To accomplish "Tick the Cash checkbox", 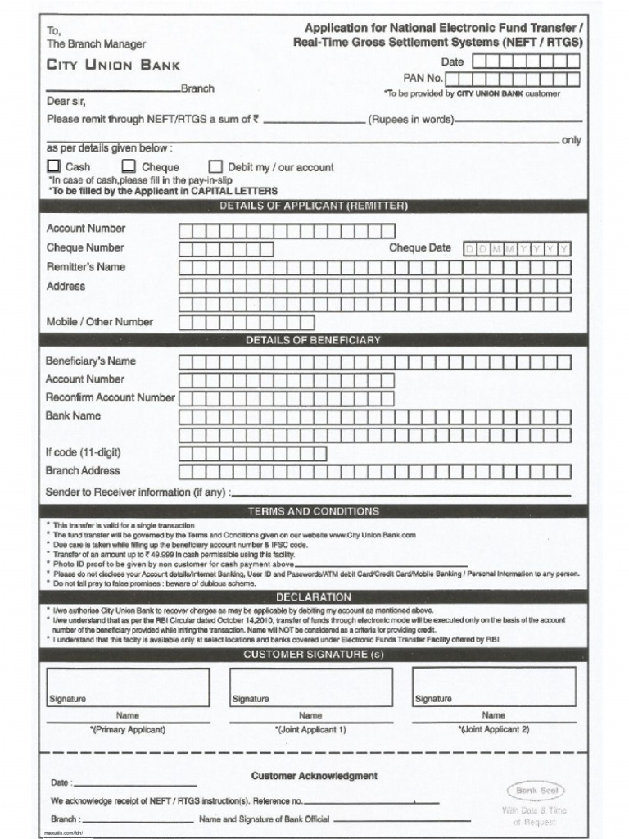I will coord(53,166).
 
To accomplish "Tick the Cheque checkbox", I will coord(129,166).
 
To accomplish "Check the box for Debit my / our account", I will coord(216,166).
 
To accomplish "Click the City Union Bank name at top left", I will coord(112,65).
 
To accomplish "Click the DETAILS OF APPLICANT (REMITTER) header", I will coord(314,206).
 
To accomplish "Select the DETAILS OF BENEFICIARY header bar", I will coord(314,339).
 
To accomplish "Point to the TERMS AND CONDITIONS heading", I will coord(314,511).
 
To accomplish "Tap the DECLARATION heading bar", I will coord(314,596).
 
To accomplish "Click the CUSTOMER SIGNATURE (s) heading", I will coord(314,655).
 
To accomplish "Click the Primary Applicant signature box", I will coord(128,687).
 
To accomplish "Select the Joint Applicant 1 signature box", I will coord(310,687).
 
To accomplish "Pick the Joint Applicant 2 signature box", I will coord(493,687).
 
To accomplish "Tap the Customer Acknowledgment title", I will coord(314,775).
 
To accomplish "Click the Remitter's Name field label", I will coord(86,267).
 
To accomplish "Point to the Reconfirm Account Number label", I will coord(111,397).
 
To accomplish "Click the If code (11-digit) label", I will coord(84,452).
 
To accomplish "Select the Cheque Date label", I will coord(419,248).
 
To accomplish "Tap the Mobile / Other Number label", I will coord(99,322).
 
